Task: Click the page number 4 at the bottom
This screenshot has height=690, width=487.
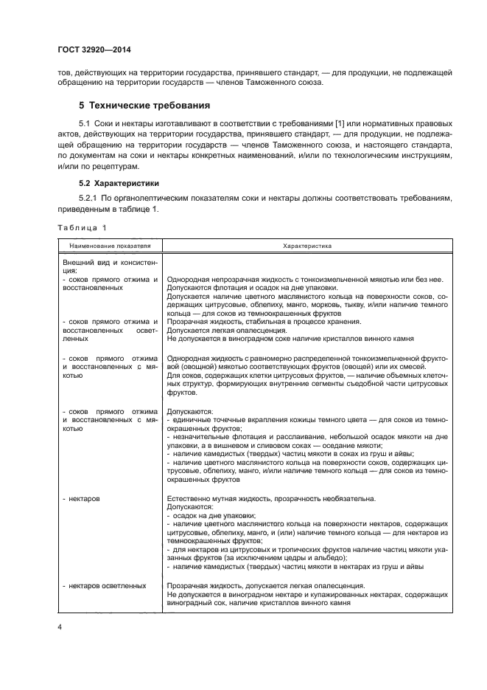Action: pyautogui.click(x=60, y=627)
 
